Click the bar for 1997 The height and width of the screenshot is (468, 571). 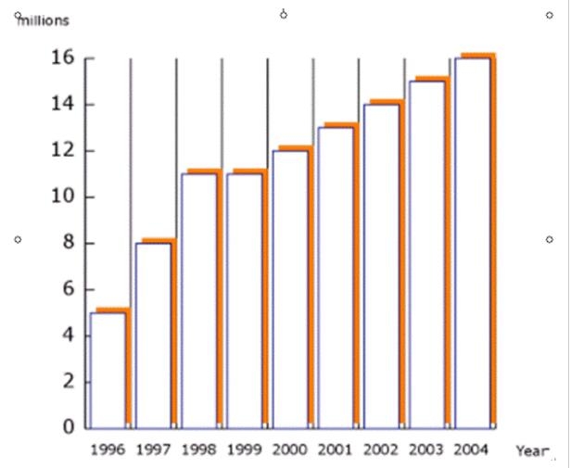tap(154, 334)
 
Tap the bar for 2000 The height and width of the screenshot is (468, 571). tap(290, 287)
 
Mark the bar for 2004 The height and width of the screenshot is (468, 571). tap(473, 241)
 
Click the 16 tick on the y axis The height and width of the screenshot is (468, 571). tap(61, 58)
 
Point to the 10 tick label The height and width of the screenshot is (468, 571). tap(61, 196)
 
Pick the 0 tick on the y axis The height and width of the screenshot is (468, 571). tap(68, 427)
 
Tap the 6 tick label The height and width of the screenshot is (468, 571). tap(68, 289)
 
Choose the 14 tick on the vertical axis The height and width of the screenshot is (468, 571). tap(61, 105)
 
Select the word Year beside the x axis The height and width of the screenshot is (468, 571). tap(532, 450)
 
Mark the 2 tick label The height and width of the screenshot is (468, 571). tap(68, 381)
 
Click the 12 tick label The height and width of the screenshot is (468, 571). tap(61, 151)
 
